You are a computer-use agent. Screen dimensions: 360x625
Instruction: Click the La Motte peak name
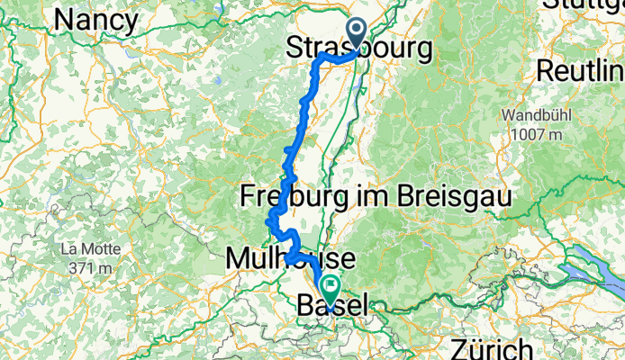click(x=86, y=248)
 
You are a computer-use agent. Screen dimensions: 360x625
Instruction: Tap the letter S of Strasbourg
click(x=294, y=49)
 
